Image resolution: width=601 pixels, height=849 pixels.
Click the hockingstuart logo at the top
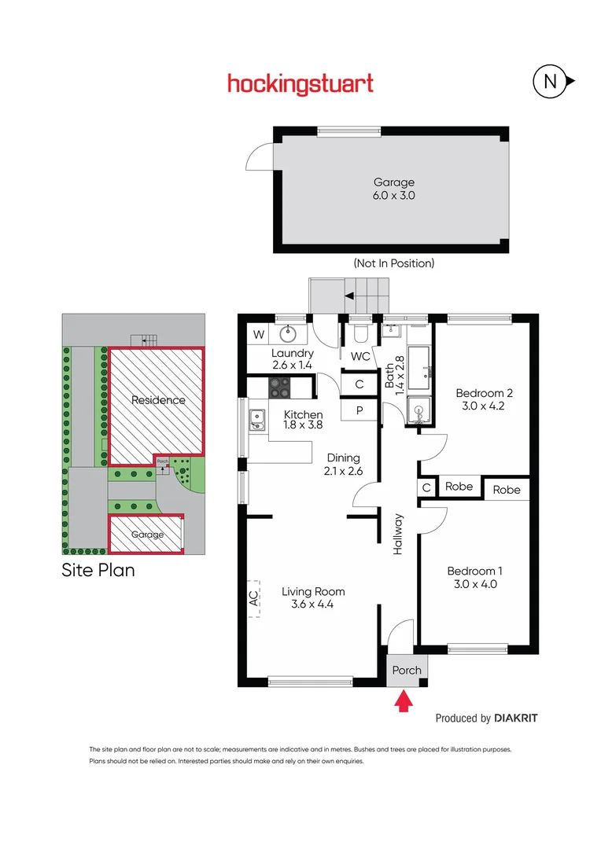point(300,83)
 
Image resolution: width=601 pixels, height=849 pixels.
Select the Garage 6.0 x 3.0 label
point(393,189)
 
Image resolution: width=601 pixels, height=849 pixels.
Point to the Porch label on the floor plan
point(407,671)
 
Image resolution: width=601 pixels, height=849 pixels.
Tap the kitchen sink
point(256,421)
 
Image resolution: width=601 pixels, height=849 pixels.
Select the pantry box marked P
point(359,410)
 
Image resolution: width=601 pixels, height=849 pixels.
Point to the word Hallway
point(399,535)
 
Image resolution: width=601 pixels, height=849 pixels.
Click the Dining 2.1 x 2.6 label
point(343,465)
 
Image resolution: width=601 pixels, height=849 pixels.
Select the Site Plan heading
point(98,570)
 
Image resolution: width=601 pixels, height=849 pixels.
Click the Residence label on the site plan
point(158,400)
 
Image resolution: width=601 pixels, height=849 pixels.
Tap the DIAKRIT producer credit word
point(516,718)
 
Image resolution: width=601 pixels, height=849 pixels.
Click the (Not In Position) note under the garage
point(393,264)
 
